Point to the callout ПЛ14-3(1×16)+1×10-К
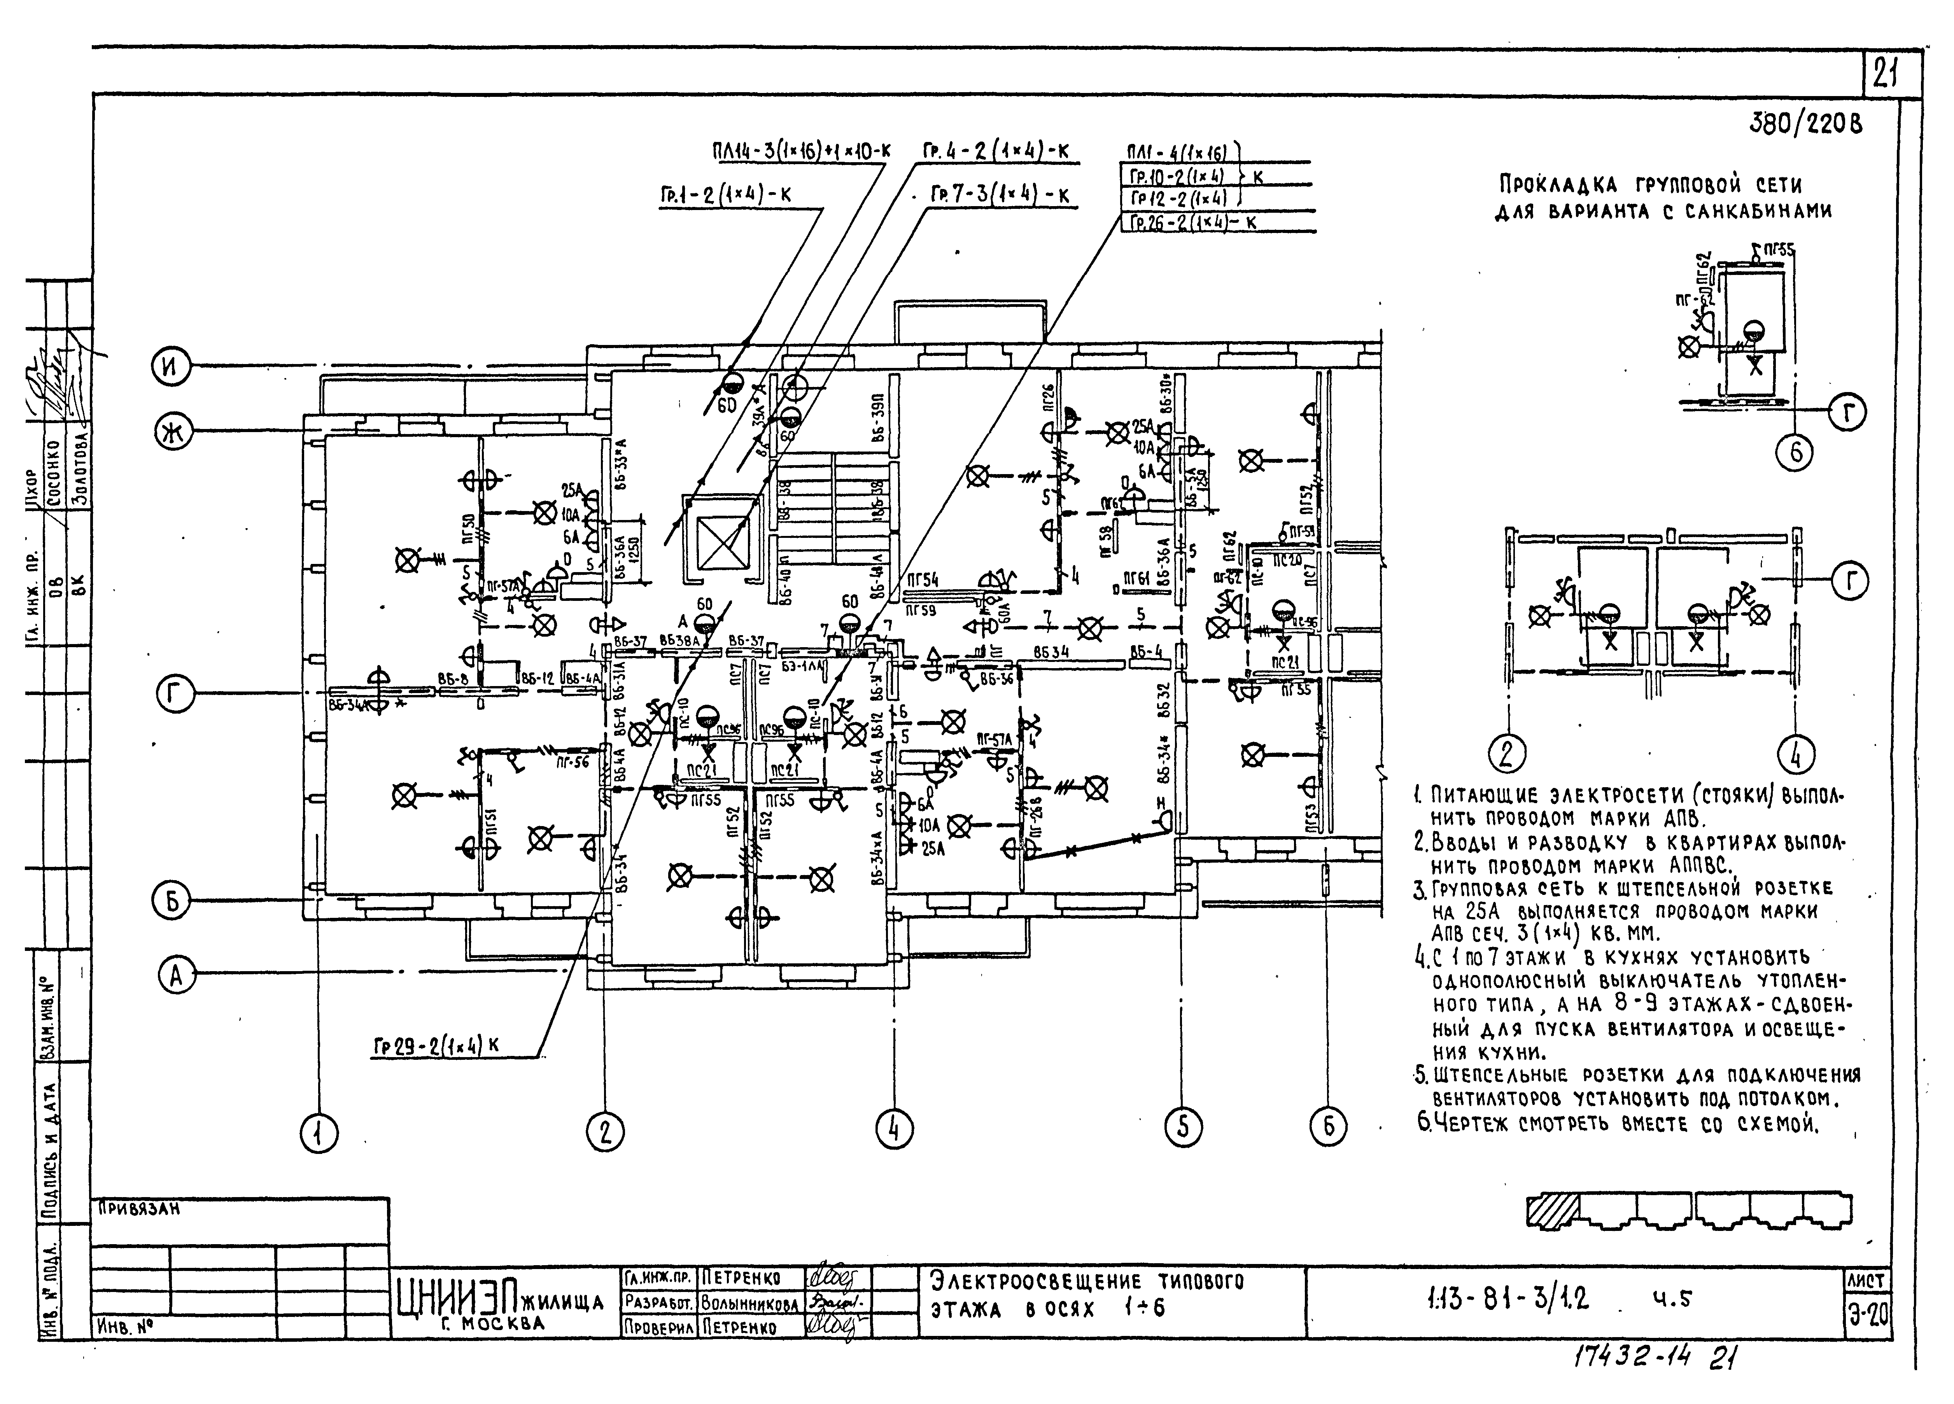(x=801, y=152)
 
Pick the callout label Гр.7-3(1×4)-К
(x=1000, y=196)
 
